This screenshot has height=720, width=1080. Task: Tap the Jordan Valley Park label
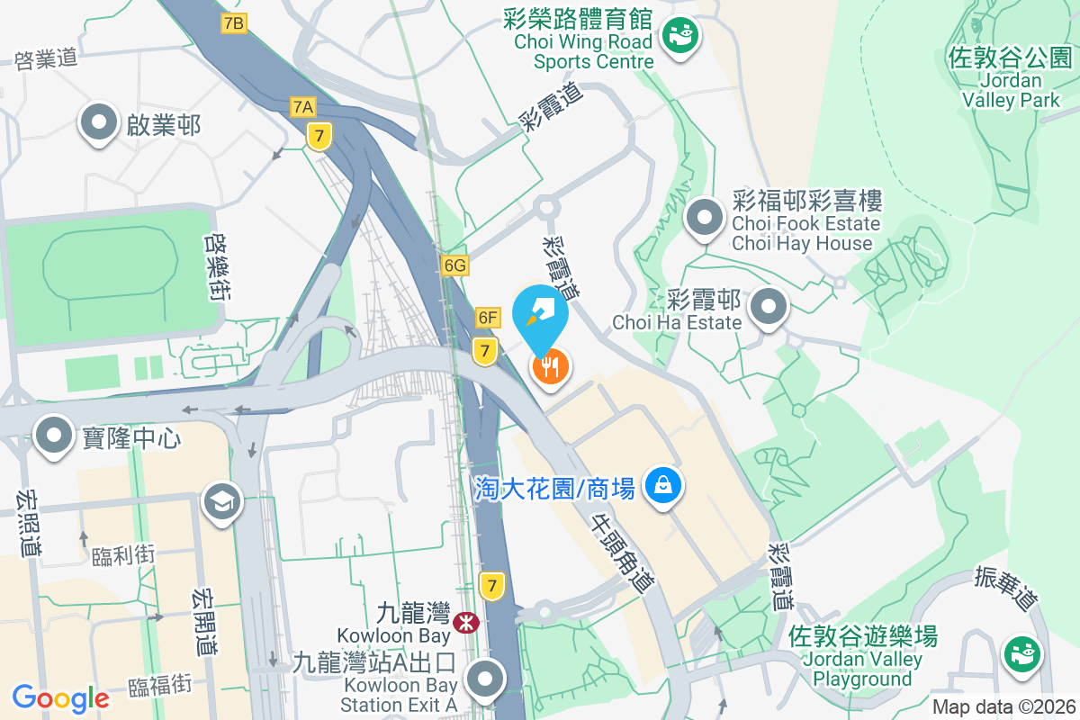point(1011,79)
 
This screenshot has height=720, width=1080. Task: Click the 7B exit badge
point(234,23)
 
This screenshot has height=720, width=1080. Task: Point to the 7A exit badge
point(303,107)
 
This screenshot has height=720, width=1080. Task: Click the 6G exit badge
point(455,265)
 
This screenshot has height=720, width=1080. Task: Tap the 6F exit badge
point(488,317)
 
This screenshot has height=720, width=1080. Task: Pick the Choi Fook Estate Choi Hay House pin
point(706,219)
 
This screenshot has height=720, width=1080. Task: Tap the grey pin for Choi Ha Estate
point(768,308)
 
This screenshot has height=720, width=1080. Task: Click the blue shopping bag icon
point(663,486)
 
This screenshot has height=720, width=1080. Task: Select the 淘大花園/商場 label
point(555,489)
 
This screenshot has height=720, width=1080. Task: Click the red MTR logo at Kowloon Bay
point(466,622)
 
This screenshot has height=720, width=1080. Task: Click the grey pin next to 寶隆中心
point(54,436)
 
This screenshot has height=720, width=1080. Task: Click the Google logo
point(60,697)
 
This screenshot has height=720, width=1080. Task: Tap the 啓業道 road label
point(48,58)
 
